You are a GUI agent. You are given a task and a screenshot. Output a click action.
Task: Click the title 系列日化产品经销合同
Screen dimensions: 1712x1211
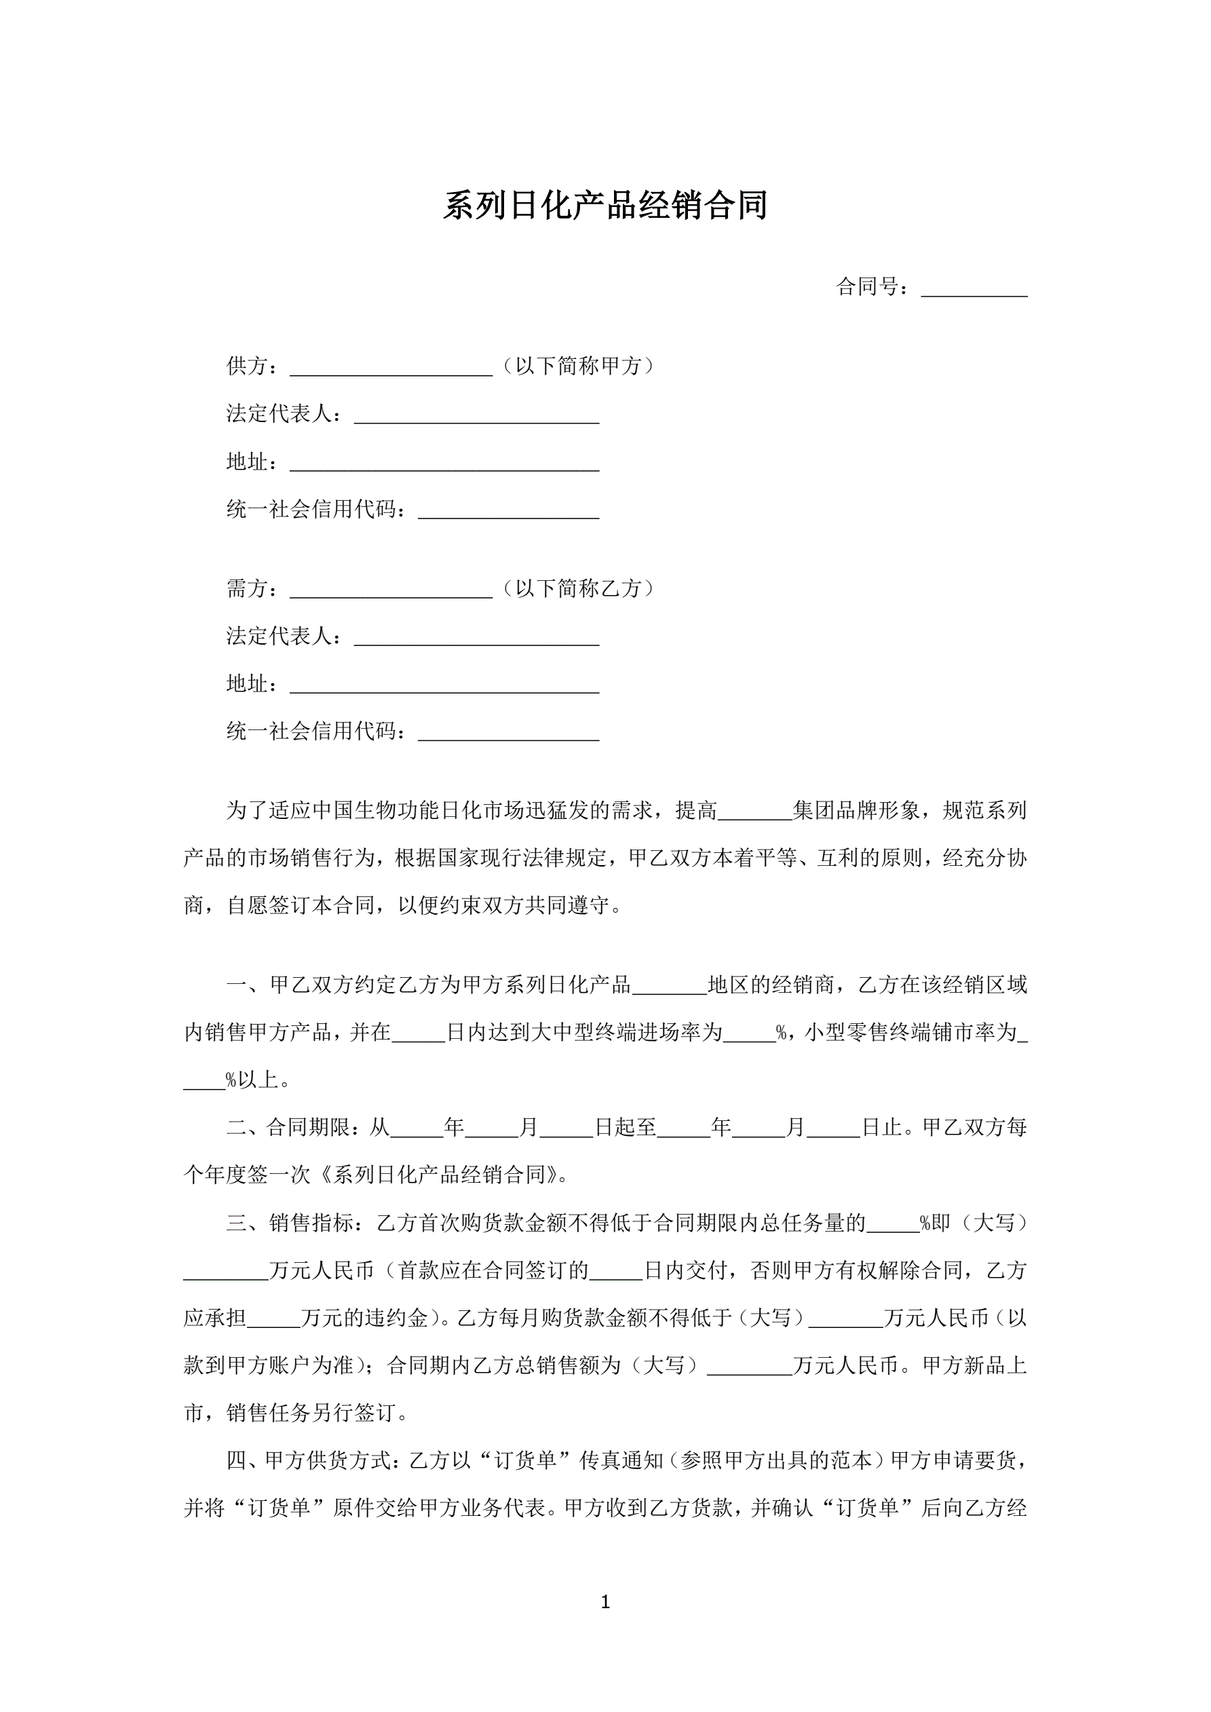pyautogui.click(x=604, y=206)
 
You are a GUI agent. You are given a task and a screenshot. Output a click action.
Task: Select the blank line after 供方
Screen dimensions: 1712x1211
pyautogui.click(x=391, y=368)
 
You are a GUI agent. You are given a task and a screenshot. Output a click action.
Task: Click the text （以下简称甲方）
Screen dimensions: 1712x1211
pyautogui.click(x=578, y=366)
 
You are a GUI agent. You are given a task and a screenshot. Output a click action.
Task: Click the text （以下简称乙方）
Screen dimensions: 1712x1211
pyautogui.click(x=578, y=589)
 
